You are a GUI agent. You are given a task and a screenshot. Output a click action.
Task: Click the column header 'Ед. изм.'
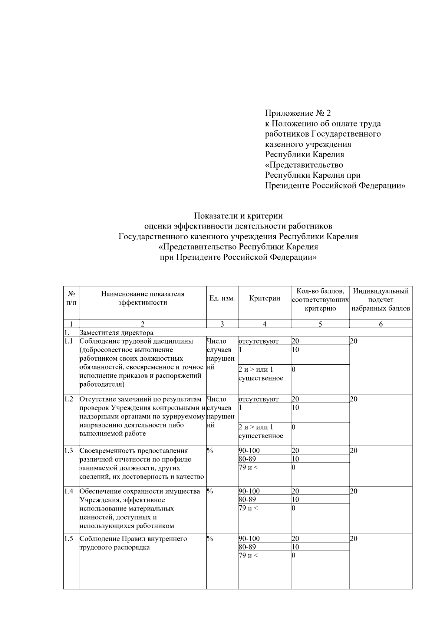pyautogui.click(x=222, y=299)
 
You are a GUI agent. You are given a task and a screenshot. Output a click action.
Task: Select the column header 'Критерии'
pyautogui.click(x=264, y=299)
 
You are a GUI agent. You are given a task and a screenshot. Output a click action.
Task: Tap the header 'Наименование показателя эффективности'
pyautogui.click(x=142, y=299)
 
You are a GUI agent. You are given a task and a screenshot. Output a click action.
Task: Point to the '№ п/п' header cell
pyautogui.click(x=71, y=299)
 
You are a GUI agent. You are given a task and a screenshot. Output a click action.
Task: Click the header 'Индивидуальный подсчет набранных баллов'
pyautogui.click(x=380, y=299)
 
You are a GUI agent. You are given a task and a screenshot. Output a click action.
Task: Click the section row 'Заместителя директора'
pyautogui.click(x=116, y=332)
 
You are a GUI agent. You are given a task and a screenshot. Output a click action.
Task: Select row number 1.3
pyautogui.click(x=69, y=450)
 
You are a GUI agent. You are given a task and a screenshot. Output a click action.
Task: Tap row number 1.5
pyautogui.click(x=69, y=538)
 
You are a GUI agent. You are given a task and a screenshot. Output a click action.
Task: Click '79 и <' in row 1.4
pyautogui.click(x=248, y=508)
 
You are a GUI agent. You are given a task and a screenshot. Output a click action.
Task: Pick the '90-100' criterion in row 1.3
pyautogui.click(x=249, y=450)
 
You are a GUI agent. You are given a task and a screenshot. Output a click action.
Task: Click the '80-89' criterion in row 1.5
pyautogui.click(x=247, y=547)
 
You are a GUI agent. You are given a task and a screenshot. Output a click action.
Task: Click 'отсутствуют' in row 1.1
pyautogui.click(x=258, y=341)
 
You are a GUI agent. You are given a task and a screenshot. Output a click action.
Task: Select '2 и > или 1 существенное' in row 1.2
pyautogui.click(x=261, y=432)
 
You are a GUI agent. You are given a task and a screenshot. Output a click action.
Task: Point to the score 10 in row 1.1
pyautogui.click(x=296, y=350)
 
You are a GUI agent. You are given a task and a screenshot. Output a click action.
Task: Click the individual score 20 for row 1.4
pyautogui.click(x=354, y=491)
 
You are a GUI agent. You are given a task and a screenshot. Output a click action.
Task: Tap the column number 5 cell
pyautogui.click(x=320, y=324)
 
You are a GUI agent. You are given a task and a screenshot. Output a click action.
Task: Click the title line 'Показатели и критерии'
pyautogui.click(x=238, y=216)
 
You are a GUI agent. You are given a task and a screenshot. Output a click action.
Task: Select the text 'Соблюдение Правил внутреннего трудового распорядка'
pyautogui.click(x=133, y=543)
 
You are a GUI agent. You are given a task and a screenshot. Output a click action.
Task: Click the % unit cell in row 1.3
pyautogui.click(x=210, y=450)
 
